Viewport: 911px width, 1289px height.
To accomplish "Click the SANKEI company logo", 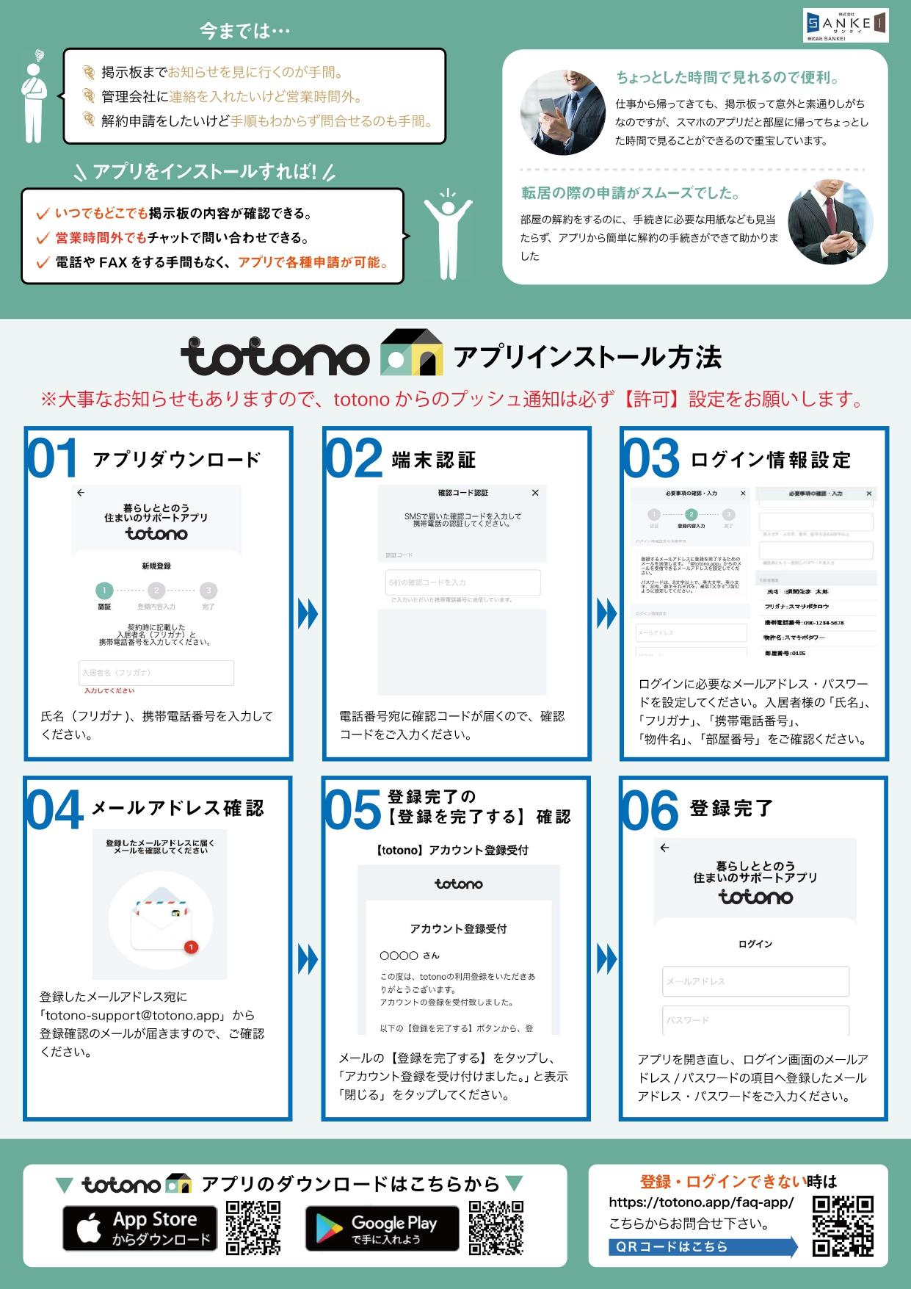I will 845,25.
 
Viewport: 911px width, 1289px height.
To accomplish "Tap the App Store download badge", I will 139,1228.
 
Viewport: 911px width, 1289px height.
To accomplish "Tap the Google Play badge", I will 382,1228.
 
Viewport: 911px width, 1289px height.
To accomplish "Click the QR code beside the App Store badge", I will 253,1228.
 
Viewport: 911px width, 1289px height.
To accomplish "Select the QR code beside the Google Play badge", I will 496,1228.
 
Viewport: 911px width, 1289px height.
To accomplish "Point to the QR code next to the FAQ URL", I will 843,1226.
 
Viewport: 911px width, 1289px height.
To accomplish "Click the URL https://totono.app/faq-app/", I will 701,1202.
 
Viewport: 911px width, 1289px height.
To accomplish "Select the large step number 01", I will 52,459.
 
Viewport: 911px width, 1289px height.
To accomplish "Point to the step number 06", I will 650,810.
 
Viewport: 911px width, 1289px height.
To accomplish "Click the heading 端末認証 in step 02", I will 434,460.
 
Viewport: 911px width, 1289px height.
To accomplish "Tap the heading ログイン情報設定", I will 771,460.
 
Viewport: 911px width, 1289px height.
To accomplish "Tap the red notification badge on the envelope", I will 191,947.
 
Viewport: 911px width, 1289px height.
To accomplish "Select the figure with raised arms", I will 448,234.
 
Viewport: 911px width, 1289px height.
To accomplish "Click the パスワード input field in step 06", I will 755,1020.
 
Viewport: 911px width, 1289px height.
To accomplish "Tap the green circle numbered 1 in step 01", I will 104,590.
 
